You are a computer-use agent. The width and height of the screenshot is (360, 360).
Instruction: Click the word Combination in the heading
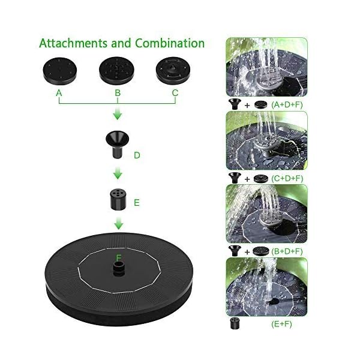[x=170, y=44]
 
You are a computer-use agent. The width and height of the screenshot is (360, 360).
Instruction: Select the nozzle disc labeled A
[x=58, y=71]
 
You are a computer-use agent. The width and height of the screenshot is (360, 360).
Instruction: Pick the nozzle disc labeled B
[x=116, y=71]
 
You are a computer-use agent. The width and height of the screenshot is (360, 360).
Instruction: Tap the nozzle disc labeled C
[x=174, y=71]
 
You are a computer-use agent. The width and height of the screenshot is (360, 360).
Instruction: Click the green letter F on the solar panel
[x=119, y=257]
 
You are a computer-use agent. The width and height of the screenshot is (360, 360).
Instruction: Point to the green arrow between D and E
[x=118, y=173]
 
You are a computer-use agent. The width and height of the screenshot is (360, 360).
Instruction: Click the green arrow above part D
[x=118, y=114]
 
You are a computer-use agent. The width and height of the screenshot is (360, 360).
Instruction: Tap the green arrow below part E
[x=118, y=224]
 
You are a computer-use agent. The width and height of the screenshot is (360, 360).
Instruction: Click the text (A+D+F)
[x=287, y=104]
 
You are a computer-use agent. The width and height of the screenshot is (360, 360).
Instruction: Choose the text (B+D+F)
[x=287, y=251]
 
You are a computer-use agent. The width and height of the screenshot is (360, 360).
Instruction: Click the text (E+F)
[x=280, y=325]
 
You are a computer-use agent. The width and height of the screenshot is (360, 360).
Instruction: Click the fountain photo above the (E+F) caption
[x=266, y=286]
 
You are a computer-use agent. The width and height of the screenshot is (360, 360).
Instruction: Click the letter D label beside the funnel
[x=137, y=155]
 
